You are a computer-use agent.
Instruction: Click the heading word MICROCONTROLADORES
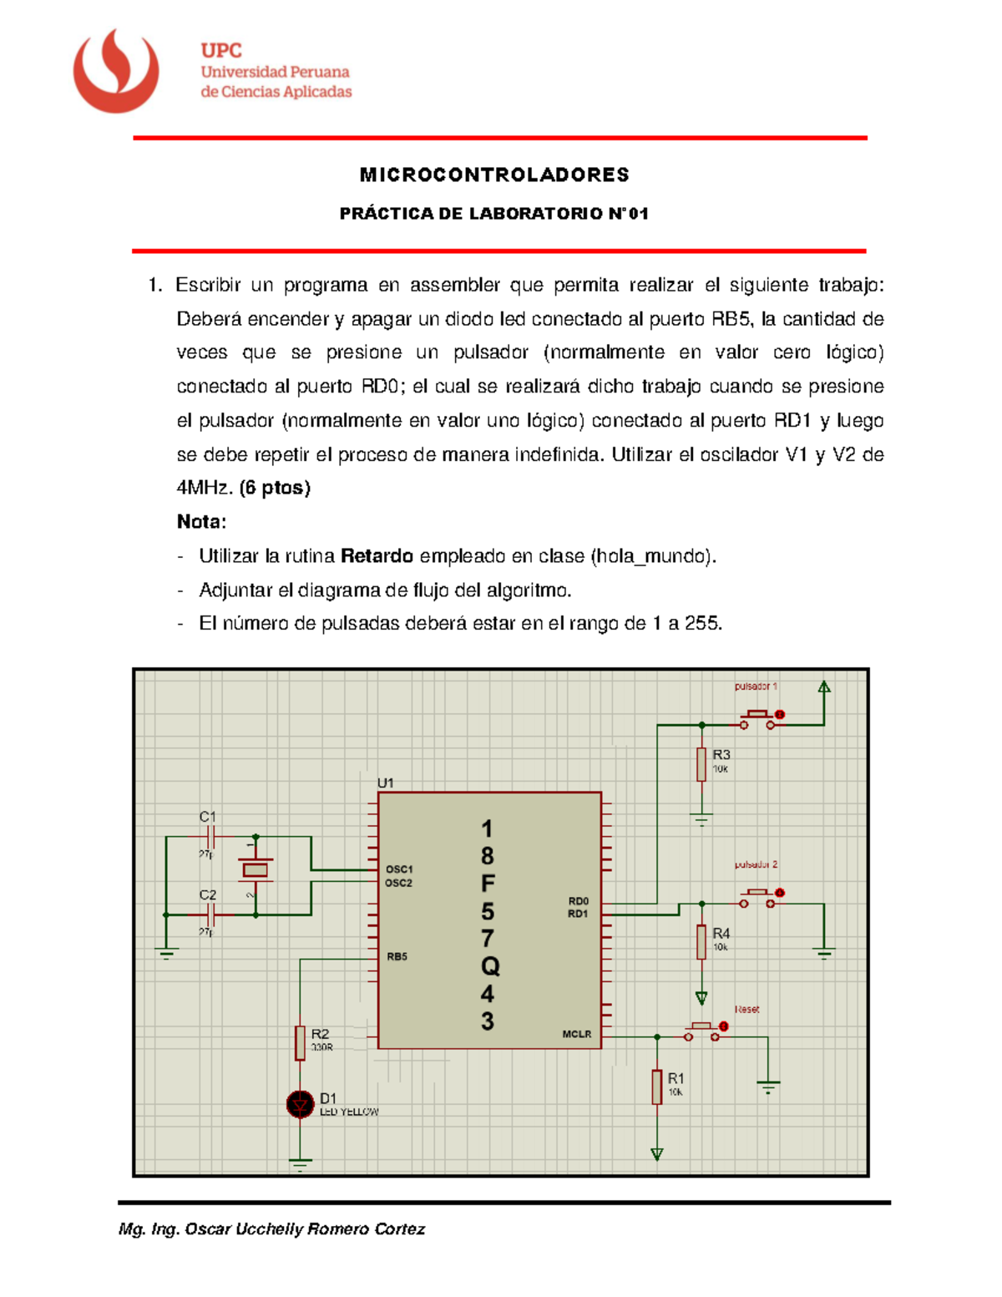(494, 175)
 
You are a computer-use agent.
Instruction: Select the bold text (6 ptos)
(275, 488)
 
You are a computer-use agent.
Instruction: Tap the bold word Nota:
(201, 522)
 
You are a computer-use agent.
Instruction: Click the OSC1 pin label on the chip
(399, 869)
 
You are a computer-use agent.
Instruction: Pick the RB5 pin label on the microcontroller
(397, 957)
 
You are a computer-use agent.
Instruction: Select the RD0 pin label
(578, 901)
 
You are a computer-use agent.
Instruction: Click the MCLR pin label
(576, 1034)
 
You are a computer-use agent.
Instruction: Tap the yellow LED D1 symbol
(300, 1104)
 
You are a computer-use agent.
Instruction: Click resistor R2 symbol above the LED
(300, 1042)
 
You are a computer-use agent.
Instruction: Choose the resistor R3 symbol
(701, 764)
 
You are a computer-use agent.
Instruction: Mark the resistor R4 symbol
(701, 941)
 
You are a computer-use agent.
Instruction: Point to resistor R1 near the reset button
(657, 1087)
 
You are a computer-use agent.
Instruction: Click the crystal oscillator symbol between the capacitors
(256, 870)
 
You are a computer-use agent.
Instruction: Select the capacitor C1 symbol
(210, 836)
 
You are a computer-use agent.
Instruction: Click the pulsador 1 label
(756, 686)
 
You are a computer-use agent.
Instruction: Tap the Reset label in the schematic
(746, 1010)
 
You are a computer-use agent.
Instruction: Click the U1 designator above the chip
(385, 783)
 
